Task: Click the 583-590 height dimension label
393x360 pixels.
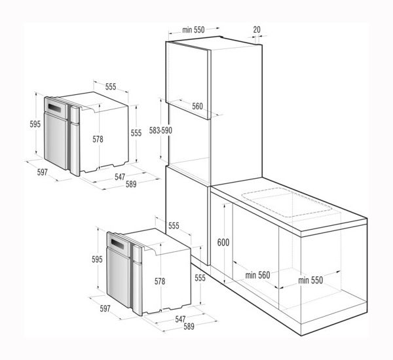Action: coord(160,130)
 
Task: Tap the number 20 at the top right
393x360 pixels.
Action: coord(257,29)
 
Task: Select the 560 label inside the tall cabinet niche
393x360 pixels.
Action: coord(198,106)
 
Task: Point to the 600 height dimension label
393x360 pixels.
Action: coord(223,242)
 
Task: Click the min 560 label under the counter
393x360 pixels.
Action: coord(257,275)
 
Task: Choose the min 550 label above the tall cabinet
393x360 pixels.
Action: coord(193,30)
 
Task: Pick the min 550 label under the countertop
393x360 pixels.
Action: coord(310,280)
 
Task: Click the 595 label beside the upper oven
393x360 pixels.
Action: coord(35,124)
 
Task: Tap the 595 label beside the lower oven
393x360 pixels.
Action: coord(97,259)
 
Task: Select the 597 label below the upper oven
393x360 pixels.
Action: coord(42,172)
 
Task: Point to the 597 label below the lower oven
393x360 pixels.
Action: coord(105,308)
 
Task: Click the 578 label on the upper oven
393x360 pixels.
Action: coord(98,139)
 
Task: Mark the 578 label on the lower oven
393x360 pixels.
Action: coord(160,281)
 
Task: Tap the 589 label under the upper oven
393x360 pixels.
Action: coord(131,184)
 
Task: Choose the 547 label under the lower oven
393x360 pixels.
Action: coord(180,319)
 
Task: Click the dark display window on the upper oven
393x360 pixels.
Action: coord(54,108)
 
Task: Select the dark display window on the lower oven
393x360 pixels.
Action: coord(117,243)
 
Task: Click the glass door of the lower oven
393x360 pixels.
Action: coord(118,278)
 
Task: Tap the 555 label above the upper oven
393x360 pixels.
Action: coord(111,86)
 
